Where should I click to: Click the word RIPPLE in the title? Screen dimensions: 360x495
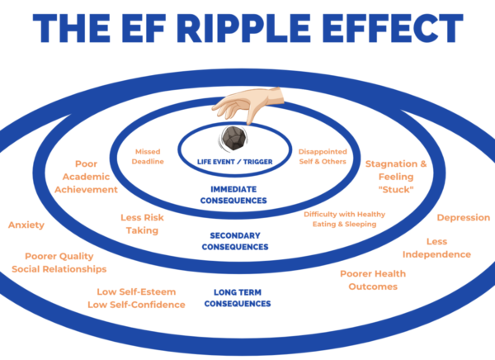(x=251, y=29)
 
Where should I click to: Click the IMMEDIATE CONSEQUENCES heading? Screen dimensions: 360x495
(x=238, y=195)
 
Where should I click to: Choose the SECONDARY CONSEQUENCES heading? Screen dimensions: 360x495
(x=238, y=241)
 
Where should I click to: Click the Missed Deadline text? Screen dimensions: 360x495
(x=149, y=157)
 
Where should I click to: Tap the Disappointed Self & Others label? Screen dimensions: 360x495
(x=323, y=157)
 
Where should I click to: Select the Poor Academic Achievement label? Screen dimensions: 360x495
(x=86, y=177)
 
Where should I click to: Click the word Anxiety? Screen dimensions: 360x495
(x=26, y=225)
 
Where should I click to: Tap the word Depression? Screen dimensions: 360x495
(x=463, y=218)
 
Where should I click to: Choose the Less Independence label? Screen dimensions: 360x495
(x=448, y=248)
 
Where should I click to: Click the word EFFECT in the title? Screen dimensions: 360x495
(x=388, y=29)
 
